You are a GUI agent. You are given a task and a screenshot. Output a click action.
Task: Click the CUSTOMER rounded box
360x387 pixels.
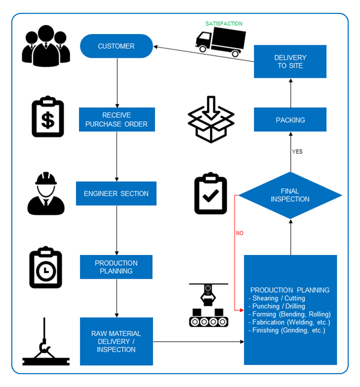[x=117, y=46]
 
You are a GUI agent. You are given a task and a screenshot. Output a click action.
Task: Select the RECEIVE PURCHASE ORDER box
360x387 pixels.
[x=117, y=120]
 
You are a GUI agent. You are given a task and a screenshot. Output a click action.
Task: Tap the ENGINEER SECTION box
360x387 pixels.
[x=116, y=193]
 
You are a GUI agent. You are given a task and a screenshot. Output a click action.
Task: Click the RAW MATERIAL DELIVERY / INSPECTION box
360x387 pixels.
[x=116, y=342]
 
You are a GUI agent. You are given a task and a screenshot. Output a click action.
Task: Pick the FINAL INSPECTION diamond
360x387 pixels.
[x=290, y=195]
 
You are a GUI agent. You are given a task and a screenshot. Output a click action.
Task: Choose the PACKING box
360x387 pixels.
[x=290, y=120]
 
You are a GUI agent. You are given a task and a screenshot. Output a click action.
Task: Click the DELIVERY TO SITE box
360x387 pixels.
[x=290, y=61]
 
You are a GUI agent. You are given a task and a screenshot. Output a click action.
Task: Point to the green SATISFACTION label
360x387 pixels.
[x=224, y=24]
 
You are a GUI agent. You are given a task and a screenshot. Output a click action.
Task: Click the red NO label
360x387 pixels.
[x=240, y=233]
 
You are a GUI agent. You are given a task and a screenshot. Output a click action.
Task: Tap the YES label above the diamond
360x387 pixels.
[x=297, y=152]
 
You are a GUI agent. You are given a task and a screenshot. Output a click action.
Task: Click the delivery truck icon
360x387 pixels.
[x=220, y=42]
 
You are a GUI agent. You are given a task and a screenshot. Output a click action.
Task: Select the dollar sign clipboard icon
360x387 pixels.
[x=47, y=117]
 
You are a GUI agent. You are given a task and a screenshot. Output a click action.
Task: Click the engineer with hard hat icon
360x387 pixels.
[x=46, y=193]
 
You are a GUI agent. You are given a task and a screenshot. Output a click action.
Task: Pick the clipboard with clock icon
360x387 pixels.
[x=46, y=267]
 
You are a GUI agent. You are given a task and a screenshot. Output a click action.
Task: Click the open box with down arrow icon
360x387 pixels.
[x=211, y=119]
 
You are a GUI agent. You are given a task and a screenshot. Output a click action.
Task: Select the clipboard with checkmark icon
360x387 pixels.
[x=210, y=193]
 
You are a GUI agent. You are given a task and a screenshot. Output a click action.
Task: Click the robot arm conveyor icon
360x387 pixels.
[x=208, y=305]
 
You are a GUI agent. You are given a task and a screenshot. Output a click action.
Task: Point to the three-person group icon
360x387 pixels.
[x=46, y=46]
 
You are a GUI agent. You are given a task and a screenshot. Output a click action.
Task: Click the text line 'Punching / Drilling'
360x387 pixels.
[x=277, y=307]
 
